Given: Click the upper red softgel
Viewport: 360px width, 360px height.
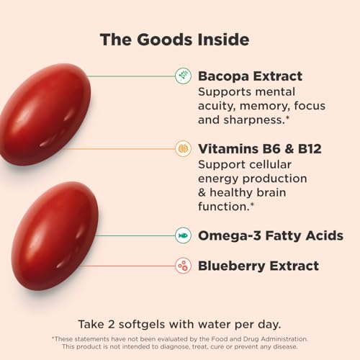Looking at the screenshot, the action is point(45,114).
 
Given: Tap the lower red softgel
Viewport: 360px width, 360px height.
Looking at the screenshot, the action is point(55,235).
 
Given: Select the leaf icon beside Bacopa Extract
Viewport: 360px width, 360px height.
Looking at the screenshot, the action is point(183,76).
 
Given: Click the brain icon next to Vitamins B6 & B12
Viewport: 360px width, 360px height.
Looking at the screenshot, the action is point(183,149).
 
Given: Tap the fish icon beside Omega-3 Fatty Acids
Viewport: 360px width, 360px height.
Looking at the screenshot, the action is point(183,235).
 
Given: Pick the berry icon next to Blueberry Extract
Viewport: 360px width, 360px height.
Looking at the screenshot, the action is point(183,266).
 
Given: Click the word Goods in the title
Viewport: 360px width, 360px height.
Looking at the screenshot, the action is point(165,40).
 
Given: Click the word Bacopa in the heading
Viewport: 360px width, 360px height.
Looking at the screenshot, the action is point(223,76).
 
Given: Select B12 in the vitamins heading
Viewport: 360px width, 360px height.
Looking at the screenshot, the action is point(310,149).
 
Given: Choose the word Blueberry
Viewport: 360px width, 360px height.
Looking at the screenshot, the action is point(232,266).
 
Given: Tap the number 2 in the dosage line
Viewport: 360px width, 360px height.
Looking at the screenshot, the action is point(111,325).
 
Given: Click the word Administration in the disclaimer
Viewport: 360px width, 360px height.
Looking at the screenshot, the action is point(284,339).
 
